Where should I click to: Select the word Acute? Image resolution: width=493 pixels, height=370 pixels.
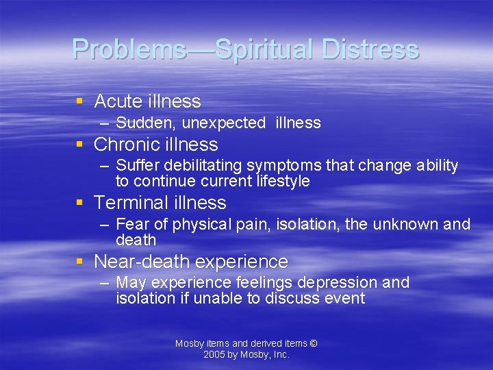tap(117, 101)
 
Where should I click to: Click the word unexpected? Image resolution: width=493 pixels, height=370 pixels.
tap(223, 123)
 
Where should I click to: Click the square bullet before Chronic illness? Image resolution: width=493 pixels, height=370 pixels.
tap(80, 144)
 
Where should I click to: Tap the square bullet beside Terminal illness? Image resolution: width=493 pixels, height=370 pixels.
tap(80, 202)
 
